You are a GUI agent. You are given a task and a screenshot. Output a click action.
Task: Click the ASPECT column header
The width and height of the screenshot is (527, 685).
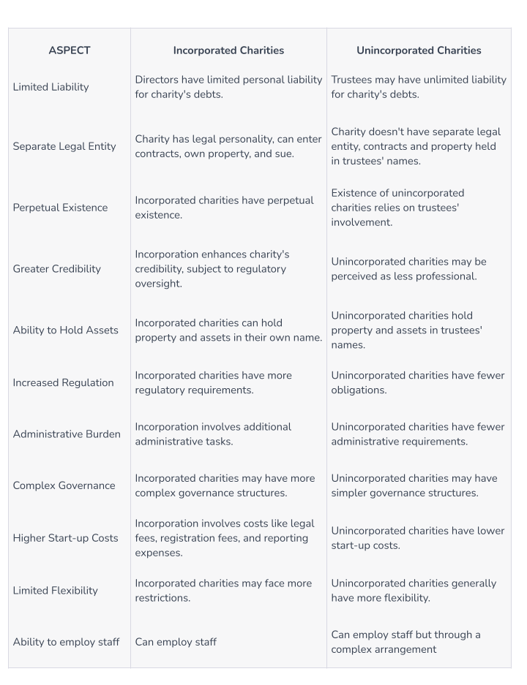click(x=69, y=50)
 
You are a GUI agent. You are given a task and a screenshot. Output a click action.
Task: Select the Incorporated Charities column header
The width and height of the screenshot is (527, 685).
click(x=228, y=50)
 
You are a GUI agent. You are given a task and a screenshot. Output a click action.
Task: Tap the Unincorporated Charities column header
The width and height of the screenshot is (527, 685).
click(x=419, y=50)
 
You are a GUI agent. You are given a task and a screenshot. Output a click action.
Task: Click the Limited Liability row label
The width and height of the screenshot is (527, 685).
click(x=51, y=87)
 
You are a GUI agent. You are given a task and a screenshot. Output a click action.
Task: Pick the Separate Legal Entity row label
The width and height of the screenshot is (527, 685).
click(x=64, y=146)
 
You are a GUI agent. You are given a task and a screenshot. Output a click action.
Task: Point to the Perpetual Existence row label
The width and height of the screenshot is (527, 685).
click(x=60, y=208)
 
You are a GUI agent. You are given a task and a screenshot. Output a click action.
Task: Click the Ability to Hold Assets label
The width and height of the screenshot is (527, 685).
click(x=65, y=330)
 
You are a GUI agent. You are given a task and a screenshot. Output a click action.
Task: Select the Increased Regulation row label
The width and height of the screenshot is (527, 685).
click(x=63, y=382)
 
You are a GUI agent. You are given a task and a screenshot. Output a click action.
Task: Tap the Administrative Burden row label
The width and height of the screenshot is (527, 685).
click(x=67, y=434)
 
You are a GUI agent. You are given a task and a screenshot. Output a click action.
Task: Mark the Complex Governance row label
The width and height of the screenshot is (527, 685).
click(x=64, y=485)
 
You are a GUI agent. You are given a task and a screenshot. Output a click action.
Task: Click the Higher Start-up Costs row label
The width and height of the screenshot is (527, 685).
click(x=65, y=539)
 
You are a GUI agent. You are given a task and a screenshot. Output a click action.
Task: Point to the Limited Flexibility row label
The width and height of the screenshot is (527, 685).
click(x=55, y=591)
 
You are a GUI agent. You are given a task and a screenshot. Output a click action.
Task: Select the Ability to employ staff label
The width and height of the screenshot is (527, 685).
click(x=66, y=642)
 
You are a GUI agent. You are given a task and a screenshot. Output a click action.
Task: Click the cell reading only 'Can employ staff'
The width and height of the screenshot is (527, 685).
click(x=176, y=642)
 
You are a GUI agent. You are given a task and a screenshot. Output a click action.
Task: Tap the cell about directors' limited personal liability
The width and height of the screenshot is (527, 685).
click(x=228, y=87)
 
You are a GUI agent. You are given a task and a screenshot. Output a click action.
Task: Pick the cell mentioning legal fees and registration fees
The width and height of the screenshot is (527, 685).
click(x=225, y=539)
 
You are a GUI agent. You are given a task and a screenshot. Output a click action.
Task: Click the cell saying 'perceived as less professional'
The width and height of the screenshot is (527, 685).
click(x=408, y=269)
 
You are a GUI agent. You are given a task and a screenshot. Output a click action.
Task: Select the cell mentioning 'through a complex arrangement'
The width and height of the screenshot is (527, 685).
click(x=405, y=642)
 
